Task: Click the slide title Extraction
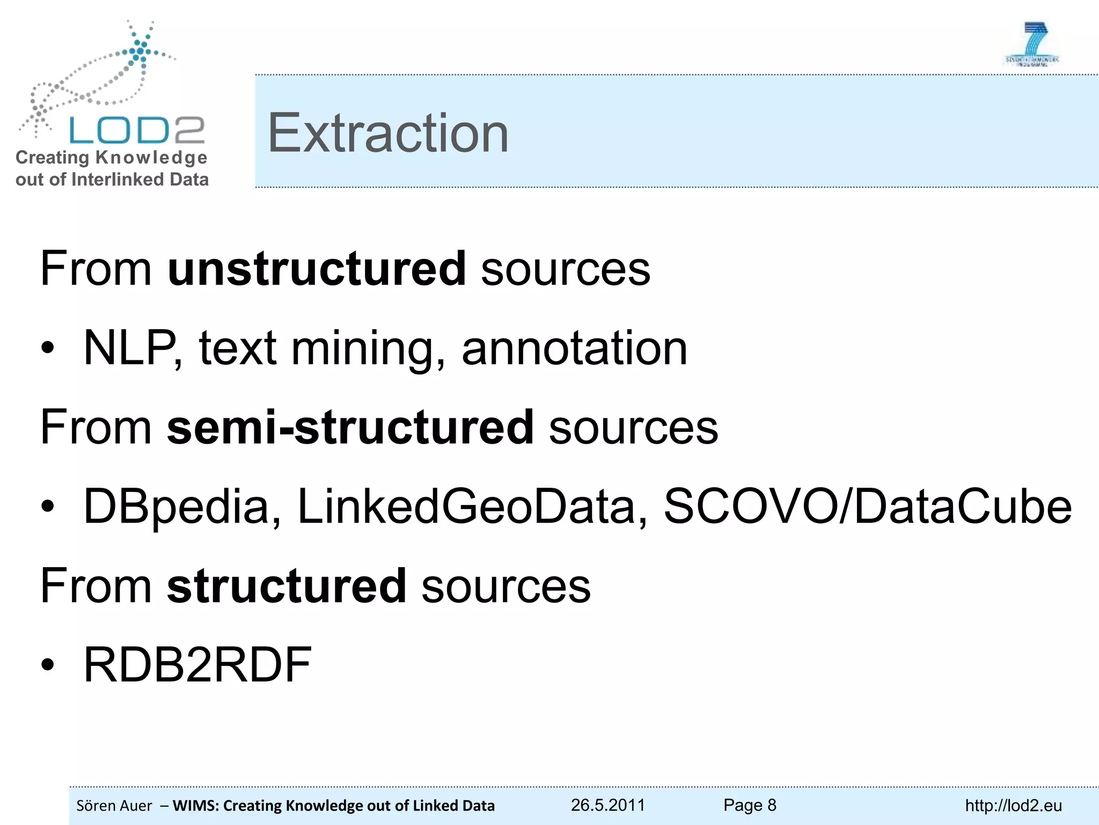coord(387,133)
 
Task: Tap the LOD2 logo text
coord(137,130)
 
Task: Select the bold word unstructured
coord(317,269)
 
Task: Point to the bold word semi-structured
coord(350,428)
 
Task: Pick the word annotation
coord(574,348)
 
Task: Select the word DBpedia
coord(181,506)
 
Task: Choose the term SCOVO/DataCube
coord(867,506)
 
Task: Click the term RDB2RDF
coord(197,665)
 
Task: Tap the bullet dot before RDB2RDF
coord(48,665)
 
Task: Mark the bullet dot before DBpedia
coord(48,506)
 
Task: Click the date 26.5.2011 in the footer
coord(607,805)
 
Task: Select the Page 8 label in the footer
coord(750,805)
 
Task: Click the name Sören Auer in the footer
coord(114,806)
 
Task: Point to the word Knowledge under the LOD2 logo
coord(151,158)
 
